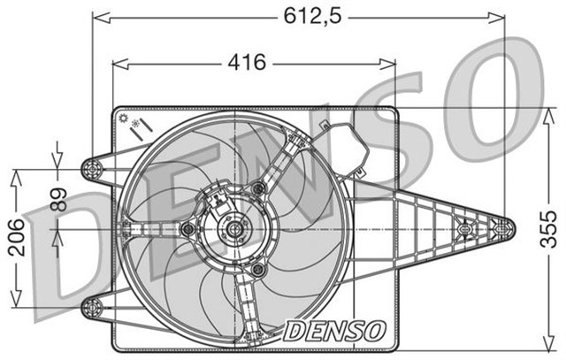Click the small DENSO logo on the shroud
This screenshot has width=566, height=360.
click(x=335, y=330)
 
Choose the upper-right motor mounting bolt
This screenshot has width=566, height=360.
click(x=258, y=188)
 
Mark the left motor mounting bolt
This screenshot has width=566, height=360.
click(x=186, y=229)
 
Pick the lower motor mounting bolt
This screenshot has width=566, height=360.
click(x=258, y=269)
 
